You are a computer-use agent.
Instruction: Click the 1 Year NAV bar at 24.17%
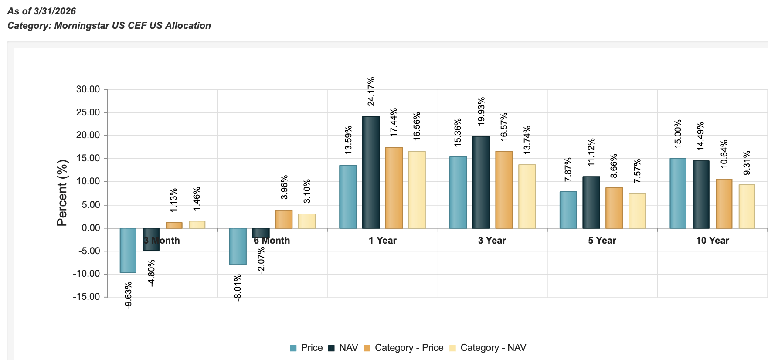click(371, 172)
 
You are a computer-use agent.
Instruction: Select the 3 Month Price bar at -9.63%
click(128, 250)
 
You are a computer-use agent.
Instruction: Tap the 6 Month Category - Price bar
click(284, 219)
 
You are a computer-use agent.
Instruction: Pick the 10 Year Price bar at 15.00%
click(678, 193)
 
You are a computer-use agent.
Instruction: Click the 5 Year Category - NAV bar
click(637, 211)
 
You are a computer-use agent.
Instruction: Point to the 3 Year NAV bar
click(481, 182)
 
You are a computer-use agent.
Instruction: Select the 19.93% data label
click(481, 112)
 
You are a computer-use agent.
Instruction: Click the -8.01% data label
click(238, 288)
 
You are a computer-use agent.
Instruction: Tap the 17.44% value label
click(394, 122)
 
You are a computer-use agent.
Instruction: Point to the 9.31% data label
click(747, 163)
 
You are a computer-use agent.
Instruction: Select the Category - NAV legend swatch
click(452, 348)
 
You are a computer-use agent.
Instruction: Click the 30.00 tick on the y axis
click(88, 89)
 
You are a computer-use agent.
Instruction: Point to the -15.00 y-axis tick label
click(86, 297)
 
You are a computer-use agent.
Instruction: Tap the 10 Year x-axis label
click(712, 241)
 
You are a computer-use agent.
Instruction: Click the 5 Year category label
click(602, 241)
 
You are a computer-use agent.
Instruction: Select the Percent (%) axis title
click(62, 193)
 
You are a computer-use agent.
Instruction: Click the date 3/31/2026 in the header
click(54, 11)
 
